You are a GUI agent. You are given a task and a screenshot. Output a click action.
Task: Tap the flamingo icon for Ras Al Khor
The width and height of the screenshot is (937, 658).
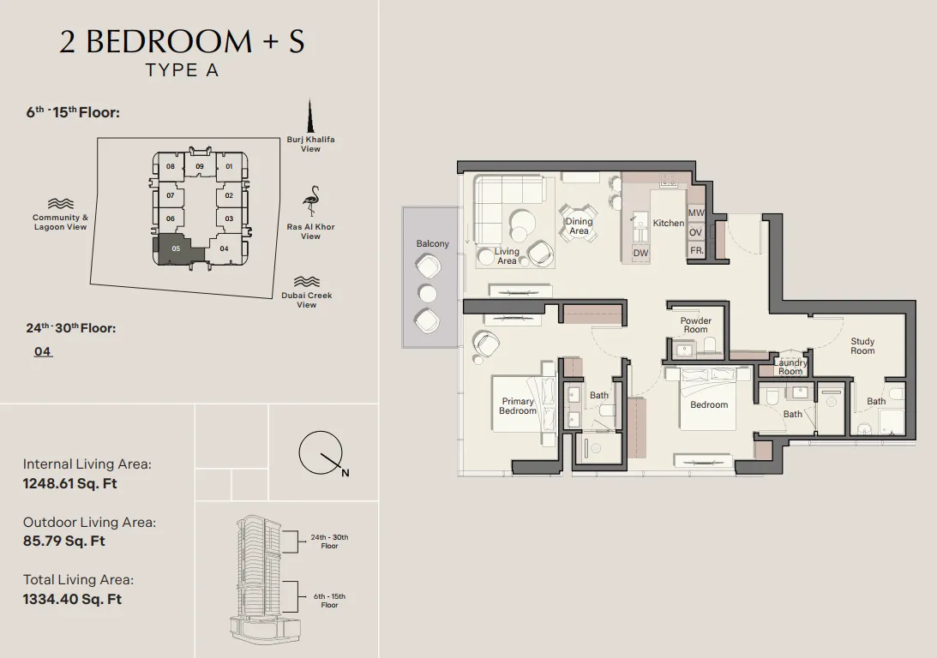click(x=311, y=201)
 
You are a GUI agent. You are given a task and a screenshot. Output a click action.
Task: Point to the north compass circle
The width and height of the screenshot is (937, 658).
click(x=321, y=453)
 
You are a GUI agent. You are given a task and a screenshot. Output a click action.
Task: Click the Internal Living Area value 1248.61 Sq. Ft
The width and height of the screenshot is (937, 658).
click(x=70, y=483)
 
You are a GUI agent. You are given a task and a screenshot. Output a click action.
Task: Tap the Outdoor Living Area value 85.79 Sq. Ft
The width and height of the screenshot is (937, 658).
click(x=64, y=541)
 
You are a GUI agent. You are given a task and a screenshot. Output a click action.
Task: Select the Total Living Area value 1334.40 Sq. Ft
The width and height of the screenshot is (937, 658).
click(x=72, y=599)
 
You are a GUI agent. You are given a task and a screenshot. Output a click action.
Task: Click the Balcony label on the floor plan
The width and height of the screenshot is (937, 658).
click(x=433, y=243)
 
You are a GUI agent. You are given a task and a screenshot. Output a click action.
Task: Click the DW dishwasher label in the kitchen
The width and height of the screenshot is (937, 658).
click(x=640, y=253)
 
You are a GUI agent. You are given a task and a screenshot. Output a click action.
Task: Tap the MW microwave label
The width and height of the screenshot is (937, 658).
click(x=696, y=212)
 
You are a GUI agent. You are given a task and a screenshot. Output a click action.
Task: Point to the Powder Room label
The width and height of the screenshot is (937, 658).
click(x=695, y=325)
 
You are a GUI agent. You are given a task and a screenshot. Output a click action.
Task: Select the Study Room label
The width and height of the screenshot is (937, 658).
click(x=862, y=346)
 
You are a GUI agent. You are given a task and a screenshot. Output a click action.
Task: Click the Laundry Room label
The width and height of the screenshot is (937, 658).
click(x=790, y=367)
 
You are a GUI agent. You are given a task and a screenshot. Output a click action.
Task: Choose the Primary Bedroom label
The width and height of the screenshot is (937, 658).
click(x=518, y=406)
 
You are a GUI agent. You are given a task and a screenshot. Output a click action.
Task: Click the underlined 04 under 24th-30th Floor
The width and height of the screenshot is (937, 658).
click(x=43, y=351)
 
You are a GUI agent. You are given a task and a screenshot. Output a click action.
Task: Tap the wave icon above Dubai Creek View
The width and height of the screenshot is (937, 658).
click(x=307, y=281)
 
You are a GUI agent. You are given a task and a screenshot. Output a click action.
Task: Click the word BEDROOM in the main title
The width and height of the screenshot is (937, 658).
click(x=169, y=41)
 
